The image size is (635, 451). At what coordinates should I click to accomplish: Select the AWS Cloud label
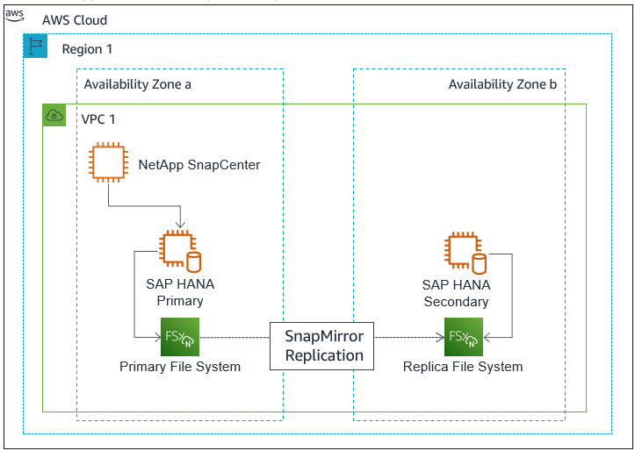pos(75,20)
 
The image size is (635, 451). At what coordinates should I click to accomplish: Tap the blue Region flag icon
pos(35,47)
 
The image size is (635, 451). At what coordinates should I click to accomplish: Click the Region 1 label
pos(87,49)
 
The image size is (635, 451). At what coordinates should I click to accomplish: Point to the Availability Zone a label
pos(137,84)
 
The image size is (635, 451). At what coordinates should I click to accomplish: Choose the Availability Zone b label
pos(502,84)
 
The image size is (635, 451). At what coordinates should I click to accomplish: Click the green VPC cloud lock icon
pos(54,115)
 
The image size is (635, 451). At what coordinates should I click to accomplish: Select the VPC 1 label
pos(98,118)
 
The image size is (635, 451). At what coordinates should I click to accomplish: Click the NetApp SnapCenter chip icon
pos(108,164)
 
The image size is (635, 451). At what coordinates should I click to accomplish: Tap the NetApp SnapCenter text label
pos(199,164)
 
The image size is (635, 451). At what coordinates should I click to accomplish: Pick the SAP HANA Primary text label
pos(179,293)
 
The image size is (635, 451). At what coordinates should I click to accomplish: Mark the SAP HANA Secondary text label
pos(456,293)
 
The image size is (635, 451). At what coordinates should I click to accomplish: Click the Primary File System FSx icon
pos(179,336)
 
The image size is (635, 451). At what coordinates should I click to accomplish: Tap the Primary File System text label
pos(180,367)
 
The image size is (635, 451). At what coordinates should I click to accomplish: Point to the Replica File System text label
pos(463,367)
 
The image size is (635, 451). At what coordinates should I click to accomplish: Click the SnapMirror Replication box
pos(324,346)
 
